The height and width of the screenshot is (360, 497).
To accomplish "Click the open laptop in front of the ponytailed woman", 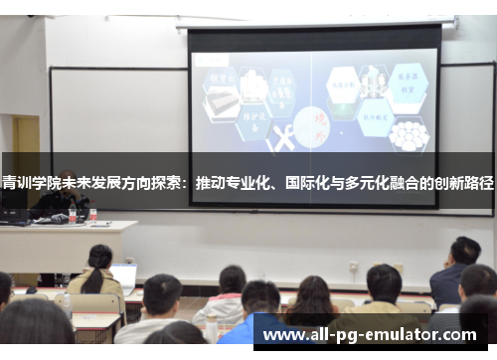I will (x=124, y=276).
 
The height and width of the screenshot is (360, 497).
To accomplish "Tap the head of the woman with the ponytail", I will (x=99, y=257).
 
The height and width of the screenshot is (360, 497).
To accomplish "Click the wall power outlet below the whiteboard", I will (x=353, y=267).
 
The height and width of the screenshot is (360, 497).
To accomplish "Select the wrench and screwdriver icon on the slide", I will (x=281, y=139).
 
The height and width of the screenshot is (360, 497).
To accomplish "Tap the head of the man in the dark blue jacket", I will (x=464, y=251).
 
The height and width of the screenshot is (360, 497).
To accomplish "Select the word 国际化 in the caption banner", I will (x=308, y=184).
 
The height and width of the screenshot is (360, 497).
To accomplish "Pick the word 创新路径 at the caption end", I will (x=465, y=184).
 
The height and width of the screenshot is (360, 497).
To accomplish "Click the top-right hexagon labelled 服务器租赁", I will (x=409, y=81).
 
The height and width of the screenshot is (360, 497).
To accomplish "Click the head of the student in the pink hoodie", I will (x=232, y=279).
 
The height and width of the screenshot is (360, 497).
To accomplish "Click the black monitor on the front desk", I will (x=14, y=212).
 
